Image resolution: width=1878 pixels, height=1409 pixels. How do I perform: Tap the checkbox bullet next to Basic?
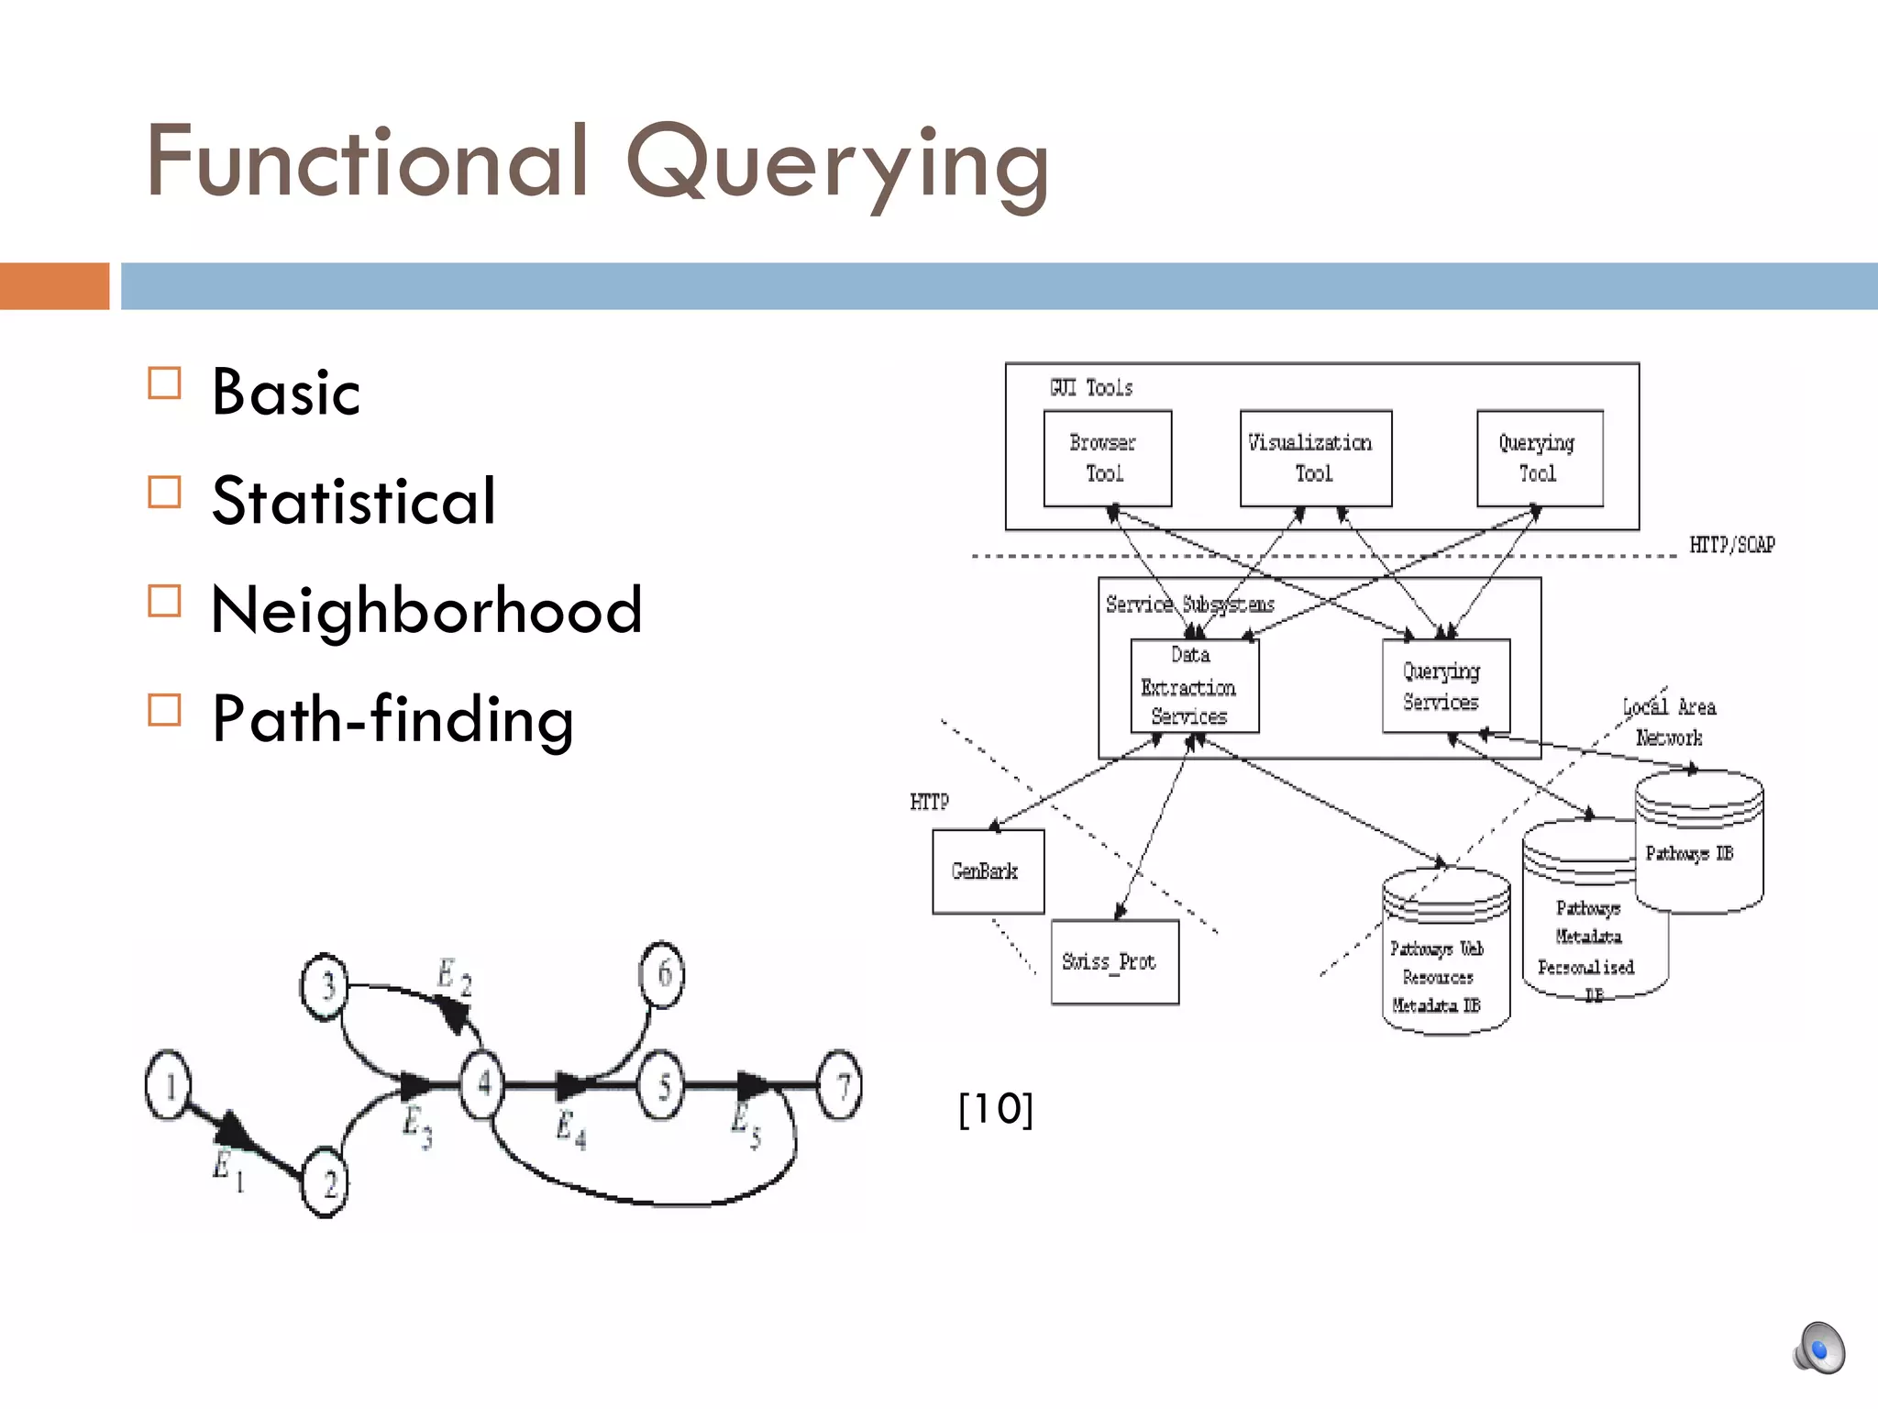(164, 383)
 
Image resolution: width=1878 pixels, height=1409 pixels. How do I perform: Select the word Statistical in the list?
(353, 501)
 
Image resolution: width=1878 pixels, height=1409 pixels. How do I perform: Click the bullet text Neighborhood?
(426, 610)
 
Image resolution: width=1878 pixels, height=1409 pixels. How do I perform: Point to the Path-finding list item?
(392, 718)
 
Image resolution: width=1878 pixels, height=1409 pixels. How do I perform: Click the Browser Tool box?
(1107, 458)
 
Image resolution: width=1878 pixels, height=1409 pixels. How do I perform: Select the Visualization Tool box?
(1315, 458)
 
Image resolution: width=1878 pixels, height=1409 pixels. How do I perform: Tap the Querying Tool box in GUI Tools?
(1539, 458)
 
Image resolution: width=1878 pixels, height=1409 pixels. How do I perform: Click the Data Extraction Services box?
(1194, 685)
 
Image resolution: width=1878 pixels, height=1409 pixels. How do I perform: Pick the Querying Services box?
(1445, 685)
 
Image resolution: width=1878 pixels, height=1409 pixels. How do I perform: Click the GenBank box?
(988, 871)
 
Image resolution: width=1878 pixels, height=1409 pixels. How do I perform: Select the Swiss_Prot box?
(1114, 961)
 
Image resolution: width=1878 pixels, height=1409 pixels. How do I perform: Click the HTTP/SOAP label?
(1731, 545)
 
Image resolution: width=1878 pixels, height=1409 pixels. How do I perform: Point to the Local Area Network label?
(1669, 722)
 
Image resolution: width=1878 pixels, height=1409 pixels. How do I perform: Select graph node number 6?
(662, 974)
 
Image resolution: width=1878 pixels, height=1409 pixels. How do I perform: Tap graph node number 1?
(168, 1085)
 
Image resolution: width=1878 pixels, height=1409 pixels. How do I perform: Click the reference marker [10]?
(995, 1109)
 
